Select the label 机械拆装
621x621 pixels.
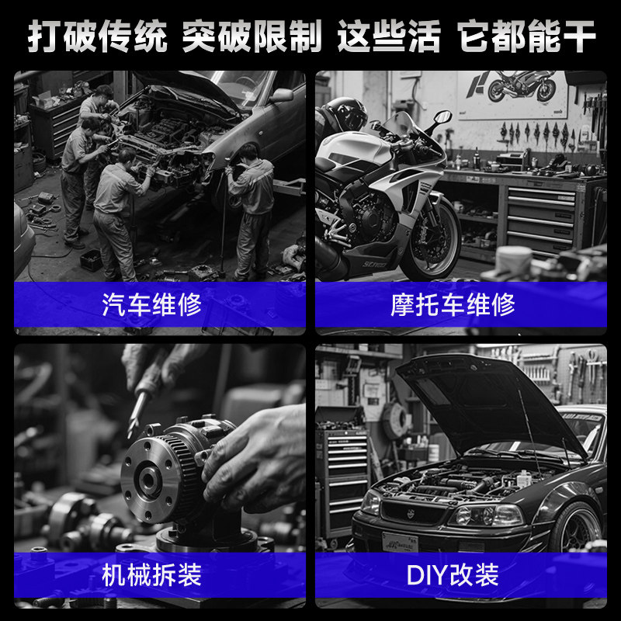click(152, 575)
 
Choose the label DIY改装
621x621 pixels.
click(453, 575)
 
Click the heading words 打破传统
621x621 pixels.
click(98, 36)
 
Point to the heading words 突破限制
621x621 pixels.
click(252, 36)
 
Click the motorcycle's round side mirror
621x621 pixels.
click(442, 117)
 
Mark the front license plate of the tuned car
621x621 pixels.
click(400, 543)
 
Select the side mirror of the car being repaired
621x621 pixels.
click(282, 95)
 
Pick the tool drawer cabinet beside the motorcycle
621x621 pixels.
click(540, 217)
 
